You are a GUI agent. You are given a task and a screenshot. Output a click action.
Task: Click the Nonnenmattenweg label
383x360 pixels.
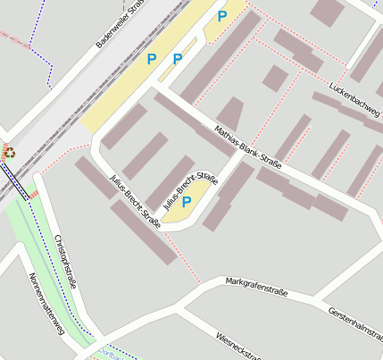pos(46,308)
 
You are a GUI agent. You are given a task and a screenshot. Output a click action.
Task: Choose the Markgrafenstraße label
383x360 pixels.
pos(257,284)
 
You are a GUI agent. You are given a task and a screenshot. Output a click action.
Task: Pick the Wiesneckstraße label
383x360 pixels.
pos(238,347)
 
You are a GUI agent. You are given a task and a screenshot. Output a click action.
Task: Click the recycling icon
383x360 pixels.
pos(9,153)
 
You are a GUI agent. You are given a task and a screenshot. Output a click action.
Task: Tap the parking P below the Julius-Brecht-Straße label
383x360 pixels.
pos(187,202)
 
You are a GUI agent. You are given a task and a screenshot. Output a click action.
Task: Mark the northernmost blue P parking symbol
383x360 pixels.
pos(221,15)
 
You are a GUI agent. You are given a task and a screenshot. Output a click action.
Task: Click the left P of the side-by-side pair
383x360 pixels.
pos(151,59)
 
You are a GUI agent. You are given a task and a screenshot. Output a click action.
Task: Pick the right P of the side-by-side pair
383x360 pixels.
pos(178,59)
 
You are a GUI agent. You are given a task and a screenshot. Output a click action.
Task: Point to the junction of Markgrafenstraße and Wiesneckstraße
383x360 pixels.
pos(181,310)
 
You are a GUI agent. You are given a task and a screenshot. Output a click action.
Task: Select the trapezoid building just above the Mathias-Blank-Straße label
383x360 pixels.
pos(230,114)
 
